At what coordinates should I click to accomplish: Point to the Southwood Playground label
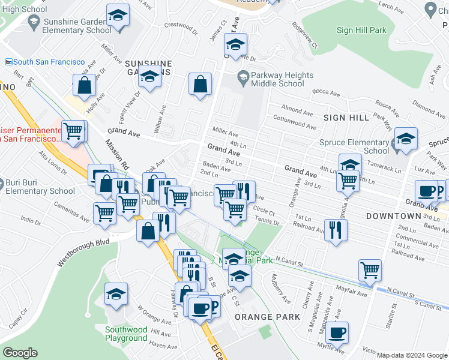coord(126,334)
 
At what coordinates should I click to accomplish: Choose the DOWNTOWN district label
coord(393,215)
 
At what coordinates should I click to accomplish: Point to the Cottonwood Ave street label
coord(294,119)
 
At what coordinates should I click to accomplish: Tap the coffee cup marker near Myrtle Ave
coord(337,332)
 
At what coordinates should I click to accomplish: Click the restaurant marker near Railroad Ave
coord(336,230)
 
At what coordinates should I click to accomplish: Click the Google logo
coord(20,353)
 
